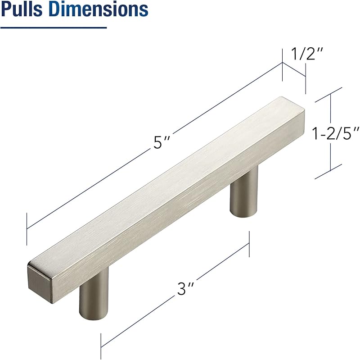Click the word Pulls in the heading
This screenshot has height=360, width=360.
[x=22, y=9]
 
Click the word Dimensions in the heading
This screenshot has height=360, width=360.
[x=99, y=9]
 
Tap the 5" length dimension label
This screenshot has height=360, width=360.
[x=162, y=142]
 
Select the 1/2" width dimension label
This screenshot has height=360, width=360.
[x=307, y=54]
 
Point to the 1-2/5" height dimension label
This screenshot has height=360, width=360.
[x=335, y=133]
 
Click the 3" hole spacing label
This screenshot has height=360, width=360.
[x=185, y=288]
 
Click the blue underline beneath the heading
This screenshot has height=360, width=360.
[x=54, y=27]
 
